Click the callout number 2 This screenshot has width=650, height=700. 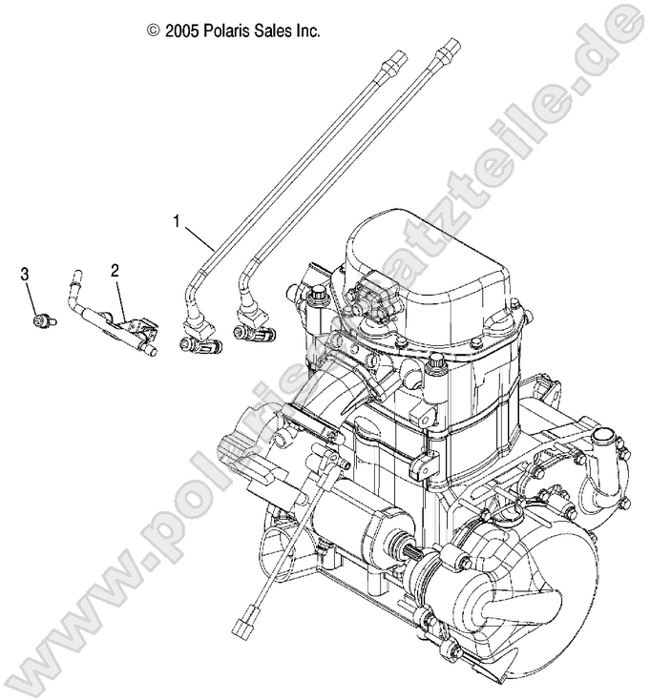[115, 271]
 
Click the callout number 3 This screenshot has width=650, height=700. [26, 275]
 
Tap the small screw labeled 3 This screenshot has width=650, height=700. [41, 321]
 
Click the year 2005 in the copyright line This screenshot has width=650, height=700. [181, 31]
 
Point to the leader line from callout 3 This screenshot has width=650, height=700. [32, 298]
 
